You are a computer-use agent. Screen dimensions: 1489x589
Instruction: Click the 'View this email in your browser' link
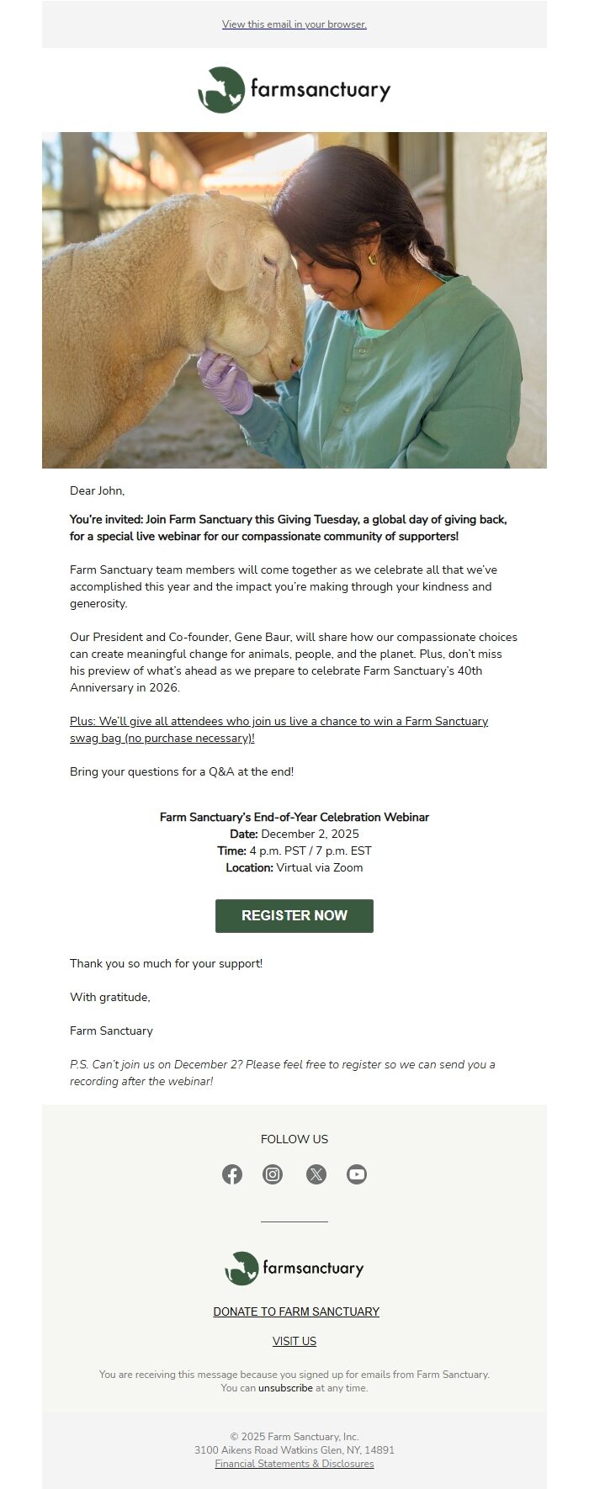click(294, 24)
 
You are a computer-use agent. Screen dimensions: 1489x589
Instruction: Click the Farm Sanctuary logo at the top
click(294, 90)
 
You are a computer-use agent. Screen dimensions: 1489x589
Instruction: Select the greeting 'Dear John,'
click(97, 490)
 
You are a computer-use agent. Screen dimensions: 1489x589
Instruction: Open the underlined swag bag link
click(279, 729)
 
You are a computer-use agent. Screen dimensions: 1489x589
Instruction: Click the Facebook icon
click(232, 1174)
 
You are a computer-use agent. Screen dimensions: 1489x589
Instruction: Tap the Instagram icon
click(273, 1174)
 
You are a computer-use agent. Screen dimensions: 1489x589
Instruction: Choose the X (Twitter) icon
click(316, 1174)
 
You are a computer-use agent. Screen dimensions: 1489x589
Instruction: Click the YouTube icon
click(357, 1174)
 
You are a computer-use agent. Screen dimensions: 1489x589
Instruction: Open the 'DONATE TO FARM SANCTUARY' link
click(296, 1311)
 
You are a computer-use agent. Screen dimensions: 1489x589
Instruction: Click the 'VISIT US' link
click(294, 1341)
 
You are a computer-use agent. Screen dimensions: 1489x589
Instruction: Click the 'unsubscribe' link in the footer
click(285, 1388)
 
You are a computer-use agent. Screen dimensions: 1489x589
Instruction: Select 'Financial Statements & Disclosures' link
click(294, 1464)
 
